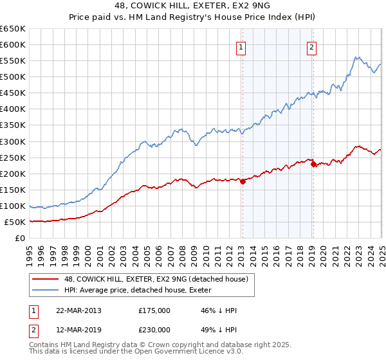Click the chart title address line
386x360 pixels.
pyautogui.click(x=193, y=7)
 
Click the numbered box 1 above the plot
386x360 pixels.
pyautogui.click(x=241, y=46)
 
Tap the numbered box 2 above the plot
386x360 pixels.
pyautogui.click(x=311, y=46)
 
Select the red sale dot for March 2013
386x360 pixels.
pyautogui.click(x=243, y=181)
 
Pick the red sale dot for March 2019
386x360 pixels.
pyautogui.click(x=313, y=164)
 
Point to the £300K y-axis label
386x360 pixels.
pyautogui.click(x=13, y=141)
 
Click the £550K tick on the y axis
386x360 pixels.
pyautogui.click(x=13, y=61)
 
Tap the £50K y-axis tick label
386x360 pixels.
pyautogui.click(x=15, y=222)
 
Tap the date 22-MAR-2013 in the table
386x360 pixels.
pyautogui.click(x=79, y=310)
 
